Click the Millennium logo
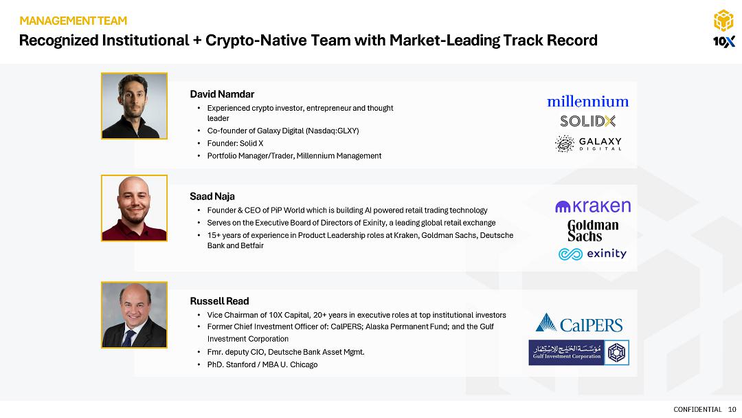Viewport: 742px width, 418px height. (587, 101)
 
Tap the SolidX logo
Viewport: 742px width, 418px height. (587, 121)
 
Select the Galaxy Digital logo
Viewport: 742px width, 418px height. (588, 144)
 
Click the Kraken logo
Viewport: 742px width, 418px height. (593, 206)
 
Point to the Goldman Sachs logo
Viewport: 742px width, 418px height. (593, 230)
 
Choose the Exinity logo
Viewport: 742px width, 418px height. (592, 254)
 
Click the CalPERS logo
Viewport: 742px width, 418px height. (579, 323)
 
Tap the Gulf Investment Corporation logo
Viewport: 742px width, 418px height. (578, 353)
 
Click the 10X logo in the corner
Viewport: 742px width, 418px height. (723, 29)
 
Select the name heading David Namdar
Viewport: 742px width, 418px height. (222, 94)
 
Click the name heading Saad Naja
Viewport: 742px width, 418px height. (212, 197)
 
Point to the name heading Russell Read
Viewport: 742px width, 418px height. (219, 301)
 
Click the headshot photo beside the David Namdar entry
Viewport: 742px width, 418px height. (134, 106)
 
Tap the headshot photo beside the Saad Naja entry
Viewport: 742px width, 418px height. (134, 208)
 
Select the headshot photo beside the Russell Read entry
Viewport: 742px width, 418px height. (134, 315)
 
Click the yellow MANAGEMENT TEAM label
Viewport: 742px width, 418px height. (74, 21)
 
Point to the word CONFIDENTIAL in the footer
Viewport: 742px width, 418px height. (697, 410)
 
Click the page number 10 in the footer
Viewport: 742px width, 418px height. (732, 410)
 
